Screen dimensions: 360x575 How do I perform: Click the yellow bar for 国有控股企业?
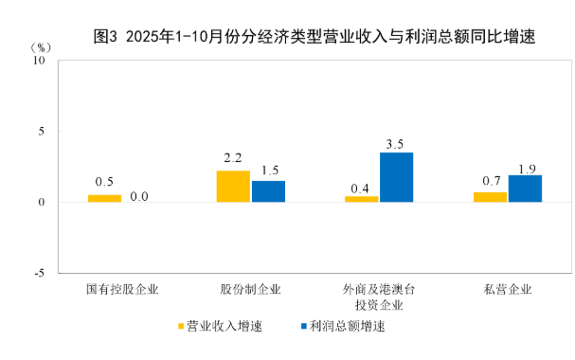click(104, 198)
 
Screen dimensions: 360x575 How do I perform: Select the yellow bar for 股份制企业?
click(233, 186)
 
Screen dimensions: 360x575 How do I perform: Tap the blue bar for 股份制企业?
click(268, 191)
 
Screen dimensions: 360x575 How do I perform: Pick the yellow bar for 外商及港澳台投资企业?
click(362, 199)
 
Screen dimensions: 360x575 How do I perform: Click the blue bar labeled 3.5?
click(396, 177)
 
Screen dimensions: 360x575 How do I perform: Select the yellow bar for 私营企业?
click(490, 197)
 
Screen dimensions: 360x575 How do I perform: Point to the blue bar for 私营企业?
click(525, 189)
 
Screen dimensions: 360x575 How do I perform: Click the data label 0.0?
click(139, 196)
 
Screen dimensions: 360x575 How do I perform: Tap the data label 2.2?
click(233, 158)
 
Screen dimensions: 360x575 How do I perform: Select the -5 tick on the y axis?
click(39, 273)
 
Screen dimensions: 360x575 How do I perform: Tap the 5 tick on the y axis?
click(42, 131)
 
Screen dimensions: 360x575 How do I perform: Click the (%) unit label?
click(41, 45)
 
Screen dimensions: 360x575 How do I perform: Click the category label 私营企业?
click(508, 289)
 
